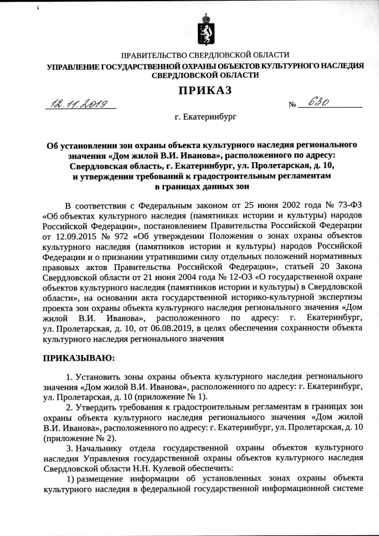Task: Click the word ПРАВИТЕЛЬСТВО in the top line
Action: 157,55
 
